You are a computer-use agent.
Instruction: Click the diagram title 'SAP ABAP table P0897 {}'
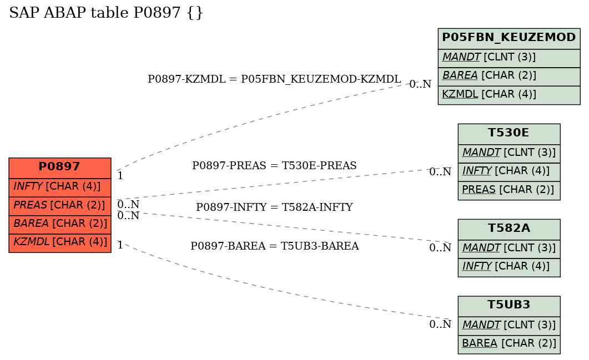(106, 13)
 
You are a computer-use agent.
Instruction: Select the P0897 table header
(60, 168)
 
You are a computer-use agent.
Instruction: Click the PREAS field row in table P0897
(60, 206)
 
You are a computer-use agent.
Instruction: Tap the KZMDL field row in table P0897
(60, 243)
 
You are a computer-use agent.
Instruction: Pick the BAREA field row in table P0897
(60, 225)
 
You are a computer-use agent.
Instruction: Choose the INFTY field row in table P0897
(60, 187)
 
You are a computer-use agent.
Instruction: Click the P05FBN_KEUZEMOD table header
(509, 38)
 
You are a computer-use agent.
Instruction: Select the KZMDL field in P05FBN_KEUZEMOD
(509, 95)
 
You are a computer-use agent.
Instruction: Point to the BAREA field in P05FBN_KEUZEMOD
(509, 77)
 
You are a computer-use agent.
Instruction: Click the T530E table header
(509, 134)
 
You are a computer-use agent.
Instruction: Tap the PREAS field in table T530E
(509, 191)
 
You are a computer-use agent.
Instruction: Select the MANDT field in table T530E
(509, 154)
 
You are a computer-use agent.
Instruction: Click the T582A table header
(509, 229)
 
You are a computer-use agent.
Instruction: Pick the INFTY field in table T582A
(509, 268)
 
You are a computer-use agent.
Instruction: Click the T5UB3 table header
(509, 306)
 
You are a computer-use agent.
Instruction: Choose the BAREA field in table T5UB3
(509, 344)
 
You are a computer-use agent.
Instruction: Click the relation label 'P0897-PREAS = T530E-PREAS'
(274, 165)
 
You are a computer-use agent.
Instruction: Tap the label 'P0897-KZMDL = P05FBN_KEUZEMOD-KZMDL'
(274, 79)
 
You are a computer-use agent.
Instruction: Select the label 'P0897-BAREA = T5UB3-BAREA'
(275, 246)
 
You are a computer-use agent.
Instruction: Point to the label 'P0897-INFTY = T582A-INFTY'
(274, 207)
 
